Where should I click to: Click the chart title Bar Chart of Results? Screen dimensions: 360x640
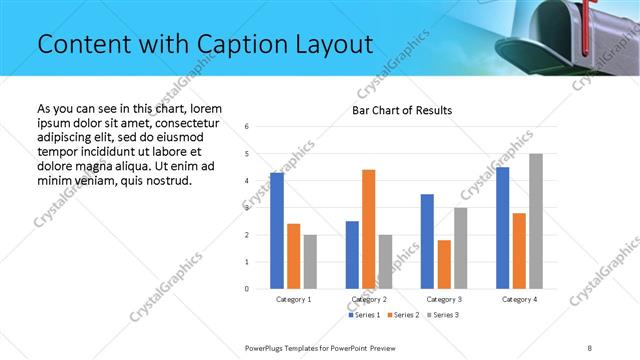click(402, 110)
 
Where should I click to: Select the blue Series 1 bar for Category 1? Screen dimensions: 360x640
click(277, 231)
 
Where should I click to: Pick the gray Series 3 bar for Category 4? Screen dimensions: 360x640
click(536, 221)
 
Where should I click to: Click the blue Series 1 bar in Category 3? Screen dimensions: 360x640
click(427, 241)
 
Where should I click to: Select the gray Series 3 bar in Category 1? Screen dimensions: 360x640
click(311, 261)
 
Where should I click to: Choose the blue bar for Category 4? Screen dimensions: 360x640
click(502, 228)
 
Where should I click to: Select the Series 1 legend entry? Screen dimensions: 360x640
click(363, 315)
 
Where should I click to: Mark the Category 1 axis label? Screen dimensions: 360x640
click(294, 299)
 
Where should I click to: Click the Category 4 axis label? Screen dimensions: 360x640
click(519, 299)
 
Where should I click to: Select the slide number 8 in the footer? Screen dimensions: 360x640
click(590, 347)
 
